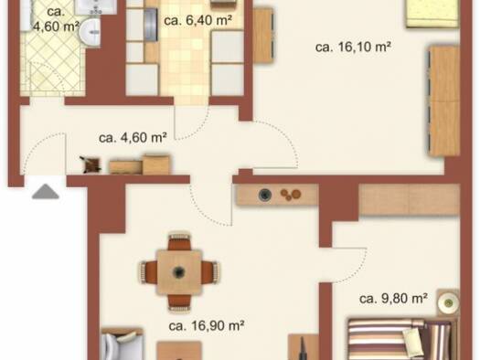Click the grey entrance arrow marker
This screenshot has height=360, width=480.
[x=46, y=192]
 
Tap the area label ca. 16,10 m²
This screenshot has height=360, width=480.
[x=353, y=48]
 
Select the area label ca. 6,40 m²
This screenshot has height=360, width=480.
[x=197, y=20]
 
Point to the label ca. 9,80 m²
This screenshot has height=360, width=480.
[x=393, y=298]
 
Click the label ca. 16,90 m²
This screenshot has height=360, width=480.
[x=207, y=326]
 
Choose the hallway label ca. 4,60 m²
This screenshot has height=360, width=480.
[x=133, y=138]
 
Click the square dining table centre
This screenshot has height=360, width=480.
[x=179, y=272]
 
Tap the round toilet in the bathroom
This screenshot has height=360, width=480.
[x=90, y=32]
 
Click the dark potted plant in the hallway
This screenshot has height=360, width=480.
[x=91, y=164]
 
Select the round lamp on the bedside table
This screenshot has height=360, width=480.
[x=448, y=302]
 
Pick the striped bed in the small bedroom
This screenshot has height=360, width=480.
[x=402, y=340]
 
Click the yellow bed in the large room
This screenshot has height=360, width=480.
[x=432, y=14]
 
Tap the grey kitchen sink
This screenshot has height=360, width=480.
[x=150, y=25]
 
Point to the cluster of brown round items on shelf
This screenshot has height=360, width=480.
[x=291, y=195]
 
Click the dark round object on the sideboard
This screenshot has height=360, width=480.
[x=265, y=195]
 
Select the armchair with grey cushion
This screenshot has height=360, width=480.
[x=122, y=344]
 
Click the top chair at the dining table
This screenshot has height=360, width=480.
[x=179, y=241]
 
